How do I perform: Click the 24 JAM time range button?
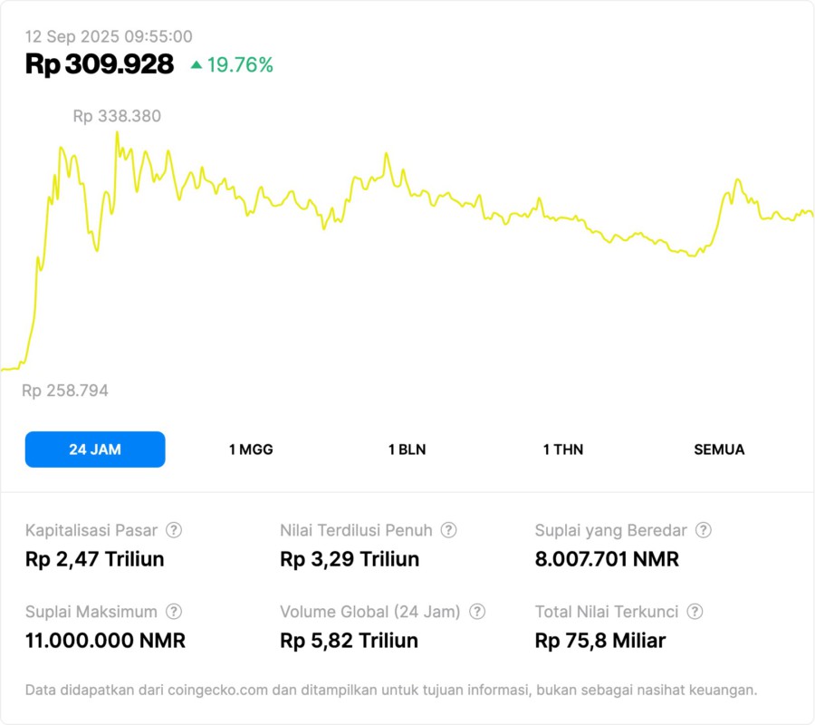click(x=95, y=449)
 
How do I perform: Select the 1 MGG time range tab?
click(x=251, y=449)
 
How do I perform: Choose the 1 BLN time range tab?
click(x=407, y=449)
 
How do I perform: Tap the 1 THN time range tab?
click(x=563, y=449)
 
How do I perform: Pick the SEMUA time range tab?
click(x=719, y=449)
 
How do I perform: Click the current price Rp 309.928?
click(x=100, y=64)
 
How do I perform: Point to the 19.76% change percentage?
click(x=240, y=65)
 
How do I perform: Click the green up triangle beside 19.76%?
click(x=197, y=64)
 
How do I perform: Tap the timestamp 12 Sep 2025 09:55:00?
click(x=109, y=36)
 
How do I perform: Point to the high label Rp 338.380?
click(x=117, y=116)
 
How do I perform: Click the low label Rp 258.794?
click(x=65, y=391)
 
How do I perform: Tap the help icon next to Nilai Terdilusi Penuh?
click(x=448, y=530)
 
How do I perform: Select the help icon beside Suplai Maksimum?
click(x=174, y=612)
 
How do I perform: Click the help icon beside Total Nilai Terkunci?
click(x=695, y=612)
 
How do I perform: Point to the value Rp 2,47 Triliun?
click(x=95, y=559)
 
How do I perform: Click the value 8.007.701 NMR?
click(x=607, y=559)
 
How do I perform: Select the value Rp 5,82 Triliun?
click(x=350, y=641)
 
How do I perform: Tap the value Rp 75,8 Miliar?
click(x=600, y=641)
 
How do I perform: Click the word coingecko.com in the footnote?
click(x=217, y=691)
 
